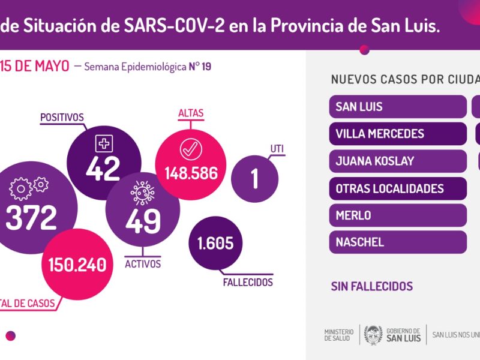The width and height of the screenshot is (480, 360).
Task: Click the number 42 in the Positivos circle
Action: pyautogui.click(x=103, y=168)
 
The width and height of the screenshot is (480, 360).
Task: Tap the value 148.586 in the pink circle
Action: pyautogui.click(x=191, y=173)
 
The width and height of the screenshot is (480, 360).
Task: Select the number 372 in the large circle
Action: pyautogui.click(x=31, y=218)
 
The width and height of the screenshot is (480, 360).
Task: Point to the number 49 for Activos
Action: pyautogui.click(x=143, y=221)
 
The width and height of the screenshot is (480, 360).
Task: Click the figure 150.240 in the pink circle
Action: pyautogui.click(x=77, y=265)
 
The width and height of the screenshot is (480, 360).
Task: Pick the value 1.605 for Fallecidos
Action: pyautogui.click(x=215, y=244)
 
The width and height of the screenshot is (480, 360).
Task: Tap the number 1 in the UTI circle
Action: pyautogui.click(x=254, y=179)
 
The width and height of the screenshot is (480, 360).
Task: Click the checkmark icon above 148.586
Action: pyautogui.click(x=191, y=149)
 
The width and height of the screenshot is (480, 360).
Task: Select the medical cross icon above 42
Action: pyautogui.click(x=104, y=143)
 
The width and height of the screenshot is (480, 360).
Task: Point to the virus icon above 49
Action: pyautogui.click(x=143, y=193)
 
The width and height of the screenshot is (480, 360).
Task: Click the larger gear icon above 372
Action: pyautogui.click(x=20, y=189)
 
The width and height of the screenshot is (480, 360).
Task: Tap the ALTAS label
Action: pyautogui.click(x=191, y=113)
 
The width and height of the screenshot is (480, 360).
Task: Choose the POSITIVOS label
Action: pyautogui.click(x=62, y=117)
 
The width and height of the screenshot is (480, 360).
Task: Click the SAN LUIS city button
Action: pyautogui.click(x=398, y=107)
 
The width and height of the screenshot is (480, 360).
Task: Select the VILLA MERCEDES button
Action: pyautogui.click(x=398, y=134)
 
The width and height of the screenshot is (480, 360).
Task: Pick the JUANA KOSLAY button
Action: pyautogui.click(x=398, y=161)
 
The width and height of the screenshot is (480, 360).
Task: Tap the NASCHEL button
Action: pyautogui.click(x=398, y=242)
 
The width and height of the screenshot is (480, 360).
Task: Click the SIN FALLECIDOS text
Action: pyautogui.click(x=372, y=287)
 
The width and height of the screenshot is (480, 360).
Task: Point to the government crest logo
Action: pyautogui.click(x=373, y=335)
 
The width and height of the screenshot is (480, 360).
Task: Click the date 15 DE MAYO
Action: pyautogui.click(x=35, y=66)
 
